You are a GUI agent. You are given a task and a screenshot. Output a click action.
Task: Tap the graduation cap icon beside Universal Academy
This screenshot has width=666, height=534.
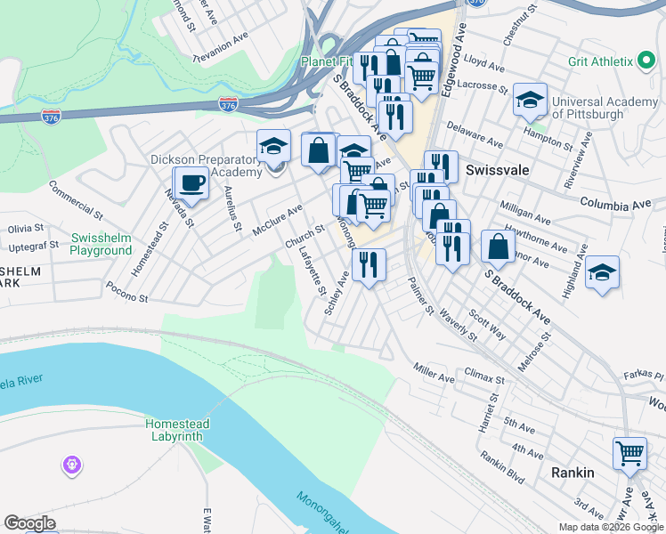pyautogui.click(x=530, y=101)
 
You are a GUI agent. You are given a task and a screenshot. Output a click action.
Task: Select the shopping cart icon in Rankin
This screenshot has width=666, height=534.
pyautogui.click(x=629, y=453)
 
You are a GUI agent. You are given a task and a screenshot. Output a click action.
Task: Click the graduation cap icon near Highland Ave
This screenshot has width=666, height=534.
pyautogui.click(x=603, y=273)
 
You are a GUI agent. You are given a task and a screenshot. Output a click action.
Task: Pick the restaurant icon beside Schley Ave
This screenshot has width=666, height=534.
pyautogui.click(x=369, y=264)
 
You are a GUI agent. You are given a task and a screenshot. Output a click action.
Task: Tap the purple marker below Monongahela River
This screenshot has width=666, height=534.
pyautogui.click(x=72, y=465)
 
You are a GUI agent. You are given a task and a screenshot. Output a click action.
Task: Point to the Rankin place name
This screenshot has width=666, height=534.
pyautogui.click(x=573, y=473)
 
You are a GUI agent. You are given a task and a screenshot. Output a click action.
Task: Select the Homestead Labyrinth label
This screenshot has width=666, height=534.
pyautogui.click(x=175, y=430)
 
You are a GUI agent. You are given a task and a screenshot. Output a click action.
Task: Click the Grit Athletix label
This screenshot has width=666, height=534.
pyautogui.click(x=601, y=62)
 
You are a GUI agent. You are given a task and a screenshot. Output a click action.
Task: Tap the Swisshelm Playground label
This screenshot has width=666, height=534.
pyautogui.click(x=102, y=245)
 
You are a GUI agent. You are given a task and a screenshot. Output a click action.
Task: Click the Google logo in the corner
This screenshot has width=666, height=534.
pyautogui.click(x=29, y=523)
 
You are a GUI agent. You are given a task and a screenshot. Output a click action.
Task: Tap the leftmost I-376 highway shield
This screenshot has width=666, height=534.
pyautogui.click(x=50, y=117)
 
